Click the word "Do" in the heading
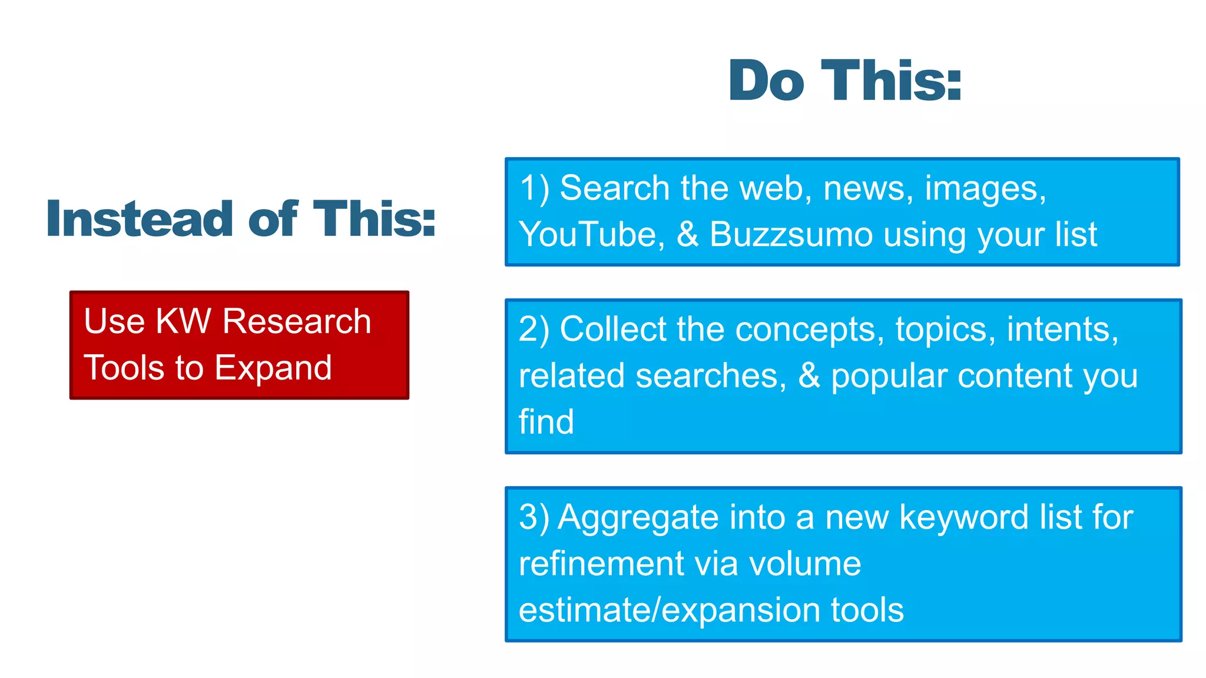point(766,81)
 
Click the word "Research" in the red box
point(297,321)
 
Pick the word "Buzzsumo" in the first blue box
point(791,234)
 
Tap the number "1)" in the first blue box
point(534,188)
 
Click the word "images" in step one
point(985,188)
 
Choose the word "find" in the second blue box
point(546,422)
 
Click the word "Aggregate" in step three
point(638,517)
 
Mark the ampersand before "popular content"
point(809,375)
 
